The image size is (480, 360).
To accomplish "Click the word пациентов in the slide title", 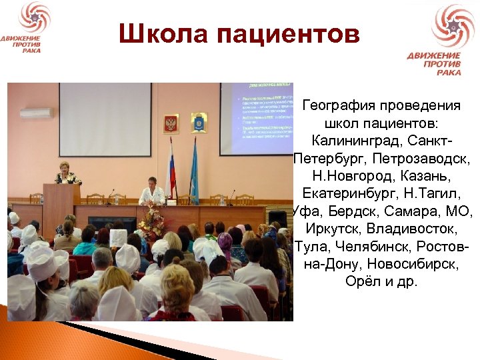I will (x=287, y=34).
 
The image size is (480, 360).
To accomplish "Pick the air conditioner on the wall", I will (x=37, y=113).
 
